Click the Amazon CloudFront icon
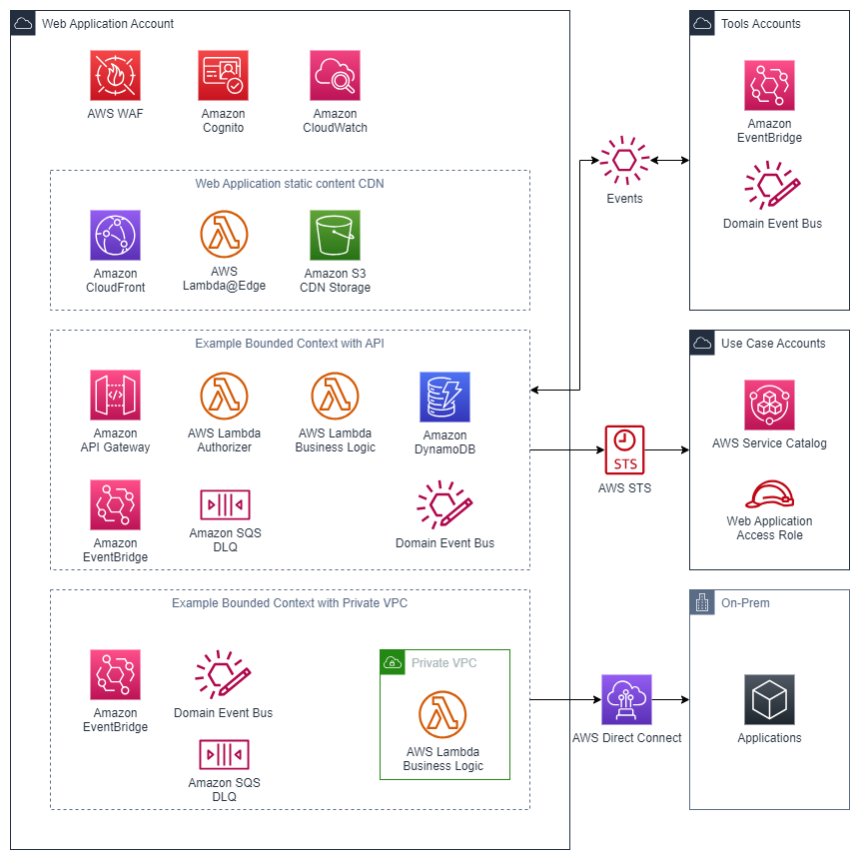[115, 236]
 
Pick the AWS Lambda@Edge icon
[224, 235]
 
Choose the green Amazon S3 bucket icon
[335, 236]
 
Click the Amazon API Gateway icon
[115, 396]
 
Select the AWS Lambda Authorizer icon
[224, 396]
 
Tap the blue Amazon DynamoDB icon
[444, 397]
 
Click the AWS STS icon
[625, 450]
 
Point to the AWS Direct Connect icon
[626, 699]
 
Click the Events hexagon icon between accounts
[625, 161]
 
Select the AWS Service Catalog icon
[769, 405]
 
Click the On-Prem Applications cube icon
[769, 699]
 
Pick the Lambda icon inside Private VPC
[442, 715]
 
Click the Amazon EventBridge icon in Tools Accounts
[769, 86]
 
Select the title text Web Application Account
[108, 24]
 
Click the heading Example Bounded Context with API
[290, 344]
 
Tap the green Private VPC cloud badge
[393, 662]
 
